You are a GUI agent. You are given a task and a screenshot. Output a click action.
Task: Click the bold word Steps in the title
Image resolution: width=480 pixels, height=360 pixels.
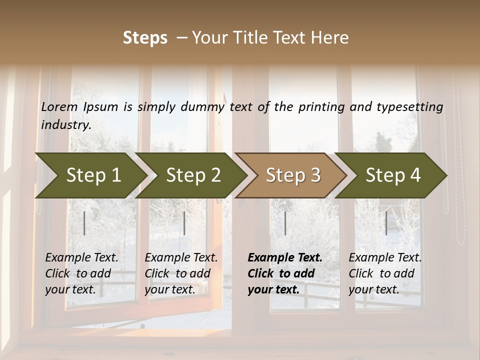click(x=145, y=38)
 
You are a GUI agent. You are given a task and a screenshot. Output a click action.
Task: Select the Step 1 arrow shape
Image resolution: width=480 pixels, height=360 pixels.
click(x=90, y=175)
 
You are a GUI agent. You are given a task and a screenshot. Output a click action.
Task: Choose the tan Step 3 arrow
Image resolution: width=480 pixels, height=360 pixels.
click(x=291, y=175)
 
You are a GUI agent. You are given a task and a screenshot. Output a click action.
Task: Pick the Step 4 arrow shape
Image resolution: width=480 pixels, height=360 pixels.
click(x=391, y=175)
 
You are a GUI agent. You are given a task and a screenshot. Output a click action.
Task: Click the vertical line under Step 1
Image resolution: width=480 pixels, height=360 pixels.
click(x=84, y=223)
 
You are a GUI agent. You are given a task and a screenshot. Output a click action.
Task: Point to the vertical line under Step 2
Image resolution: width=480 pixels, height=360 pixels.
click(x=184, y=223)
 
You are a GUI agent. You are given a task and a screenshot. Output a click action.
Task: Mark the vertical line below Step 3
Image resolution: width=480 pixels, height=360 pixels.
click(x=285, y=223)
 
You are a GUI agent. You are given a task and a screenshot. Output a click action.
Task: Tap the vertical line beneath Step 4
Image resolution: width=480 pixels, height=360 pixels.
click(x=386, y=223)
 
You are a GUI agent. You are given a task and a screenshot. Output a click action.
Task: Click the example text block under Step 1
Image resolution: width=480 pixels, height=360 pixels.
click(x=81, y=273)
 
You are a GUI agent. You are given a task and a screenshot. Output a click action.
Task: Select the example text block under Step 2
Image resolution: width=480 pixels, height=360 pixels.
click(x=181, y=273)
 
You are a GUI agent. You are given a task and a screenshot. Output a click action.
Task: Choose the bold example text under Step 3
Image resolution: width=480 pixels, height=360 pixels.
click(x=285, y=273)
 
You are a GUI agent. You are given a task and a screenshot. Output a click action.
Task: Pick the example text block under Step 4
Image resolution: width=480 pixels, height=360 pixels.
click(x=385, y=273)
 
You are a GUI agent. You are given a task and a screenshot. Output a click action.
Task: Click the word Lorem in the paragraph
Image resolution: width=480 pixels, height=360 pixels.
click(x=59, y=106)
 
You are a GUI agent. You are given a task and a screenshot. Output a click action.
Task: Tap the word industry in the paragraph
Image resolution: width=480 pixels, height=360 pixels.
click(x=66, y=124)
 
